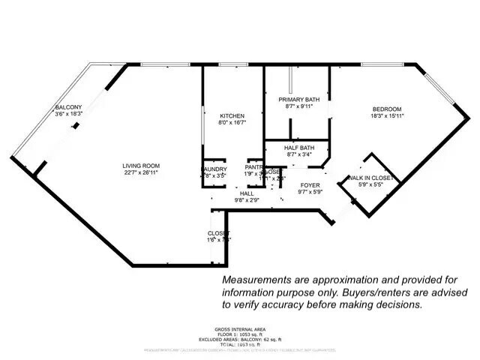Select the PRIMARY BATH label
(x=298, y=99)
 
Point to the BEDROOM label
(x=386, y=109)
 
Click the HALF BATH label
(x=298, y=148)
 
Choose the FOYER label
(x=310, y=184)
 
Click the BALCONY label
(x=68, y=108)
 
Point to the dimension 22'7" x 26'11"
(x=140, y=172)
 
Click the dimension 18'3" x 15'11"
(x=386, y=116)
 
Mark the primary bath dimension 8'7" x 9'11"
(x=298, y=106)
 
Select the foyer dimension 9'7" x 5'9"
(x=310, y=192)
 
